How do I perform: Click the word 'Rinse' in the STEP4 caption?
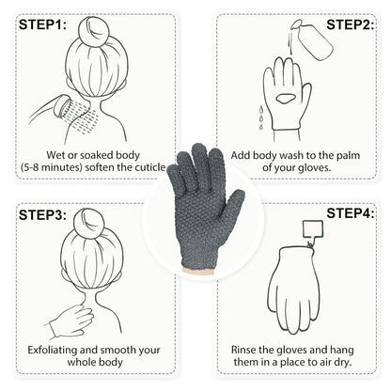246,349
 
